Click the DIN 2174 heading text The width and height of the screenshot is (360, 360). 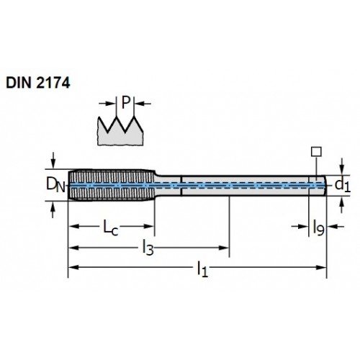tap(38, 83)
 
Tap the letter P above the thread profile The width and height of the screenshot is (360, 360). tap(125, 102)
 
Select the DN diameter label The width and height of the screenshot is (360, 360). tap(55, 186)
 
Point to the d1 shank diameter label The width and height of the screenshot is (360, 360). tap(343, 185)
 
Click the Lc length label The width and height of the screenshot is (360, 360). tap(111, 228)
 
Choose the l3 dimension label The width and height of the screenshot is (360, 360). tap(148, 248)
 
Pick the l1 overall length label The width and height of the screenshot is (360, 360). tap(202, 269)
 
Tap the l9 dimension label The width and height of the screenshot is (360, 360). tap(318, 228)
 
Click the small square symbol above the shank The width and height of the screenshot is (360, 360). tap(316, 152)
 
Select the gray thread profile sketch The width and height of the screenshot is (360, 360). tap(120, 132)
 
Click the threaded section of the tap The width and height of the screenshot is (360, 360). tap(112, 185)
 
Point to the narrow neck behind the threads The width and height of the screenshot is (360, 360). tap(168, 186)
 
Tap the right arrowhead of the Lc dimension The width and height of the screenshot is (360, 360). tap(148, 226)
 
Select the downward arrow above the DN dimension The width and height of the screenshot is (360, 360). tap(53, 161)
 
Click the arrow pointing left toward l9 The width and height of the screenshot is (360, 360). tap(336, 226)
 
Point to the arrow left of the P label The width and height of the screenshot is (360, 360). tap(107, 104)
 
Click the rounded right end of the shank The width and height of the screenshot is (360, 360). tap(325, 186)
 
